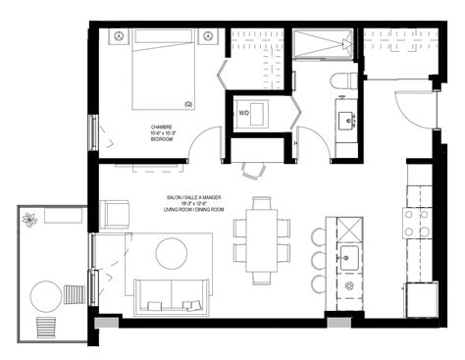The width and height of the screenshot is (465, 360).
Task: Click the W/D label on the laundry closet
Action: point(243,112)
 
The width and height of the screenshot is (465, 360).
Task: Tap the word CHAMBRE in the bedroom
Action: point(162,128)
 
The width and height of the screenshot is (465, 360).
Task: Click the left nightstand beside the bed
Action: point(119,36)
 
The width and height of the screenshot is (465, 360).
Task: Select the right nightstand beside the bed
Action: point(207,36)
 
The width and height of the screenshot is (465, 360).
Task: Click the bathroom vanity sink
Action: point(347,121)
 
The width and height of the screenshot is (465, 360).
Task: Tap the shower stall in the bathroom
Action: point(323,45)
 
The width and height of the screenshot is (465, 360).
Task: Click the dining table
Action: point(262,239)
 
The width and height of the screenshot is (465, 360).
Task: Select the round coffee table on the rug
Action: point(173,254)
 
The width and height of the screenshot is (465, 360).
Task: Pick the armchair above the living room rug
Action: point(115,214)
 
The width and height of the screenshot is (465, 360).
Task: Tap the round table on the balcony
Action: point(44,294)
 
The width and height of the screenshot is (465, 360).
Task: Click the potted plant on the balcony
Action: point(30,220)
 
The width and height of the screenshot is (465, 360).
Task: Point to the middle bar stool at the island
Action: point(319,261)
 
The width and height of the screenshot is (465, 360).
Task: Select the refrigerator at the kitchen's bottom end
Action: point(421,298)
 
